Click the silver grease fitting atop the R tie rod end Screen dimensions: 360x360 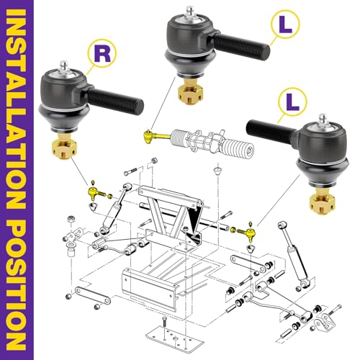[x=65, y=67]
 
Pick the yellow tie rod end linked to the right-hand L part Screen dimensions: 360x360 [x=245, y=231]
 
